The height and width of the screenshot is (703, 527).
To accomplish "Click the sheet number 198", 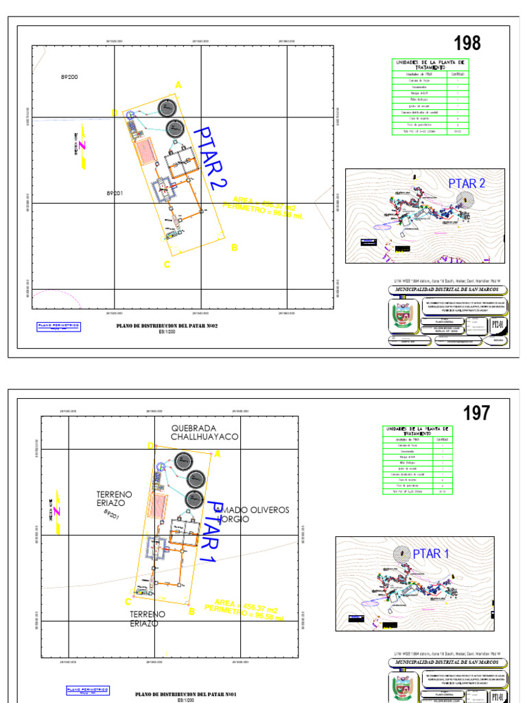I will pos(467,43).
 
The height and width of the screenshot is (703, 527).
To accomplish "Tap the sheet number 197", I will pos(476,413).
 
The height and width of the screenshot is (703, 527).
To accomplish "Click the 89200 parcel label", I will pos(68,77).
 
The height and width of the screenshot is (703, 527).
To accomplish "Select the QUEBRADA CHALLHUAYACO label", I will pos(204,433).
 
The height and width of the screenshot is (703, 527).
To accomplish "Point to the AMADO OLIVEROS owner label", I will pos(253,510).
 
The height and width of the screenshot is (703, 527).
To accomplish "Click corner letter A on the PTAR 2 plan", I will pos(178,84).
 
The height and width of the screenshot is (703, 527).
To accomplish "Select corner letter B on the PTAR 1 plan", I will pos(191,611).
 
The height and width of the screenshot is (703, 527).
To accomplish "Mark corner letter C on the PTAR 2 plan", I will pos(167,264).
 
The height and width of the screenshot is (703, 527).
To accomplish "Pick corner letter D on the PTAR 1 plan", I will pos(150,446).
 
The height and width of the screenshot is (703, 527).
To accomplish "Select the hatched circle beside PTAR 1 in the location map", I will pos(402,553).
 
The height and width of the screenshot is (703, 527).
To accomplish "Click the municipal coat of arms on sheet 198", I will pos(399,318).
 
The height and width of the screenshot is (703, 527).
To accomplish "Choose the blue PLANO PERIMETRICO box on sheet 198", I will pos(59,325).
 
